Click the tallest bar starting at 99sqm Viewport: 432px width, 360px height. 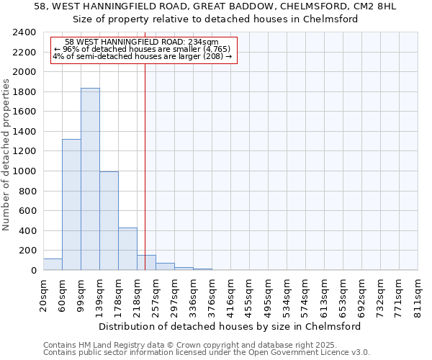[x=90, y=179]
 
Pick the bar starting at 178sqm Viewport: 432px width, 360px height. [x=127, y=249]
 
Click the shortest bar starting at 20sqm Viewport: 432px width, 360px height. [x=53, y=264]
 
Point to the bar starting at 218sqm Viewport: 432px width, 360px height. [x=146, y=263]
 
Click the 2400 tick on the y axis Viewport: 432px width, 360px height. [x=27, y=33]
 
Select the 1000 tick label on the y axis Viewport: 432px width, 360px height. [x=27, y=171]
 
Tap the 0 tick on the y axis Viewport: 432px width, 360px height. [x=33, y=271]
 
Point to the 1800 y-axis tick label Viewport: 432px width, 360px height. [x=27, y=92]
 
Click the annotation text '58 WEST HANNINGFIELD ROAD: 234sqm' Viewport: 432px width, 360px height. [x=141, y=42]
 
